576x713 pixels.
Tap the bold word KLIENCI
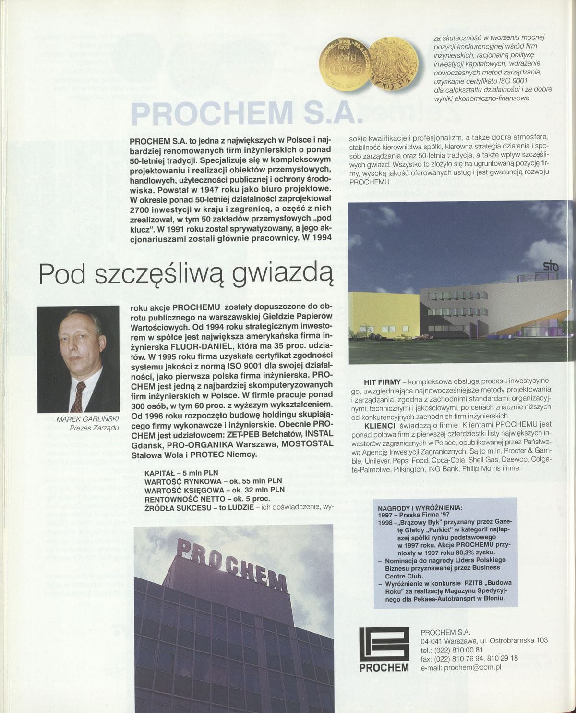tap(380, 426)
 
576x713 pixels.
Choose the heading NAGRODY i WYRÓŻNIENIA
tap(420, 507)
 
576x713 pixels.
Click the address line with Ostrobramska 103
tap(483, 641)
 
